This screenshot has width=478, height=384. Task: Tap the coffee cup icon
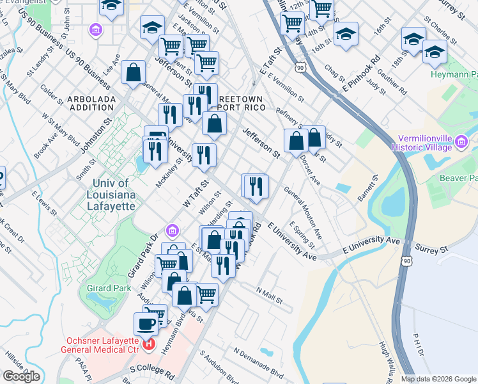tap(146, 324)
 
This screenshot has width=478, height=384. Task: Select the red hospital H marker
tap(149, 344)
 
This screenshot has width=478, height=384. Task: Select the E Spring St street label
tap(302, 236)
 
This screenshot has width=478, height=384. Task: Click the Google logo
tap(21, 376)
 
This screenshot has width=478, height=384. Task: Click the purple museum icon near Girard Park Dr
tap(171, 230)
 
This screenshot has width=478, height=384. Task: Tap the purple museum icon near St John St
tap(95, 30)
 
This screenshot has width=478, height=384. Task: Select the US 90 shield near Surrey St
tap(407, 260)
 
